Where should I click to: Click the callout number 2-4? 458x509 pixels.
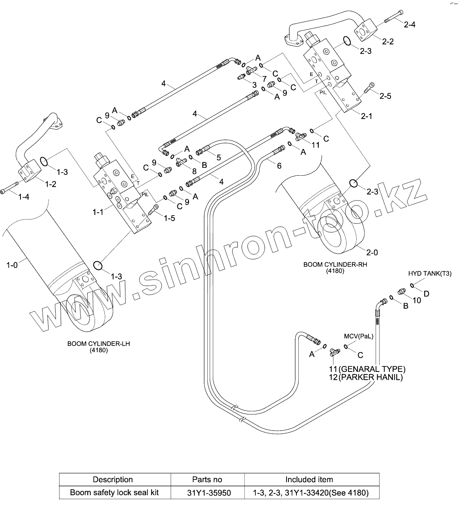pos(410,25)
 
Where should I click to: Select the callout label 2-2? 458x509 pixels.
pos(388,41)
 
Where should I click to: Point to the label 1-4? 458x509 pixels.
pos(24,197)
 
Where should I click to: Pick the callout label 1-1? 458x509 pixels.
pos(98,212)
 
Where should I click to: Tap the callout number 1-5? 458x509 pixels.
pos(169,218)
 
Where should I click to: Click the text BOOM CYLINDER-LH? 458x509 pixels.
pos(99,344)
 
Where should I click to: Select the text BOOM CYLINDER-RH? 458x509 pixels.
pos(335,265)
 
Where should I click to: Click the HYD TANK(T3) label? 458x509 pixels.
pos(430,273)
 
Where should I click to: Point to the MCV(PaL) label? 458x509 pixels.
pos(358,336)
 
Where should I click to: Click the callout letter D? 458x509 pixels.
pos(426,294)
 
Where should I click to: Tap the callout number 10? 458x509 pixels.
pos(416,301)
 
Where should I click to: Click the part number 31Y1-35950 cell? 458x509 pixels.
pos(207,493)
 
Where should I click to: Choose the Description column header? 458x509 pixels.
pos(113,479)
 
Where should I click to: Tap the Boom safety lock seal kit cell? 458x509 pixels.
pos(115,493)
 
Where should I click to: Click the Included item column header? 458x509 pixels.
pos(309,479)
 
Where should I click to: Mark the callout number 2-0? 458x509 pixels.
pos(372,253)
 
